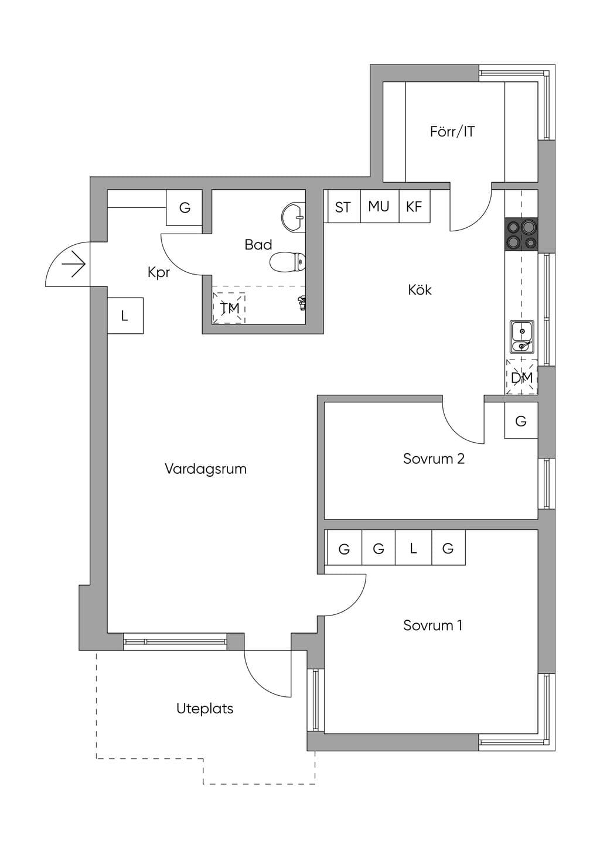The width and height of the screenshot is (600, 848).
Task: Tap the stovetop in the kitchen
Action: click(521, 234)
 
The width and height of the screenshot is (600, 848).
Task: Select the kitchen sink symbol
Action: click(522, 336)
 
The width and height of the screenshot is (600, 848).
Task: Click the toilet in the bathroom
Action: click(288, 262)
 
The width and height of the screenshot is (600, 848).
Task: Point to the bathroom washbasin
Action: click(293, 217)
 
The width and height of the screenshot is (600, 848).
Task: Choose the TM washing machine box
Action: click(229, 308)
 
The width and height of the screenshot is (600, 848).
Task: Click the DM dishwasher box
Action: click(521, 377)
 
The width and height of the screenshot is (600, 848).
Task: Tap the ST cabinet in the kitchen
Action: click(343, 206)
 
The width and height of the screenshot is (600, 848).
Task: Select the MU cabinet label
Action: click(379, 206)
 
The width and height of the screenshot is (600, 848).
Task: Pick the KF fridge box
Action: click(414, 206)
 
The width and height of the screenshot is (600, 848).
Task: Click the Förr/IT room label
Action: click(452, 132)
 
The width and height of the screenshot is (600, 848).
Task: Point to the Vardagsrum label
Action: click(206, 469)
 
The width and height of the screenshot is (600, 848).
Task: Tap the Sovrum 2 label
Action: click(434, 459)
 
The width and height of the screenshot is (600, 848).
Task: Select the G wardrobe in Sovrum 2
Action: click(521, 420)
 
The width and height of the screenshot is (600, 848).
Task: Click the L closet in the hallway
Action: click(125, 316)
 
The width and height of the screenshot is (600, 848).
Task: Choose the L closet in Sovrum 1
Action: click(413, 548)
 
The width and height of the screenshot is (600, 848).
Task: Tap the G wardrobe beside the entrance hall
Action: click(184, 207)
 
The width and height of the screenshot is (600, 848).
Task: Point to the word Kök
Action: click(420, 290)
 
